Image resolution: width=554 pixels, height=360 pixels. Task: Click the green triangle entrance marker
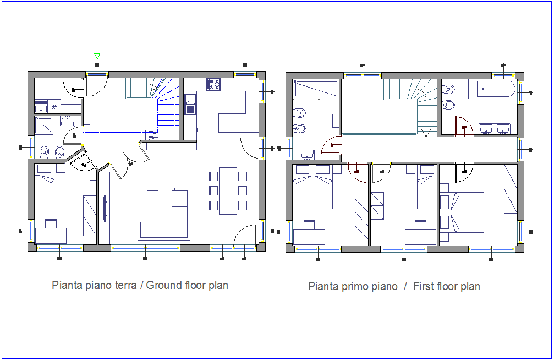pyautogui.click(x=97, y=56)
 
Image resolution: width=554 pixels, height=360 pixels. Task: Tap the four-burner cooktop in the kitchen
pyautogui.click(x=213, y=84)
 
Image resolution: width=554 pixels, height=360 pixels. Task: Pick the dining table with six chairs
pyautogui.click(x=228, y=190)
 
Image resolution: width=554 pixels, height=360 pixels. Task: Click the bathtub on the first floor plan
pyautogui.click(x=496, y=89)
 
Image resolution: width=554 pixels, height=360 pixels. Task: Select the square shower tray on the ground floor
pyautogui.click(x=44, y=125)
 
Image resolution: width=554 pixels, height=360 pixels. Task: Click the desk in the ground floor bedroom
pyautogui.click(x=51, y=235)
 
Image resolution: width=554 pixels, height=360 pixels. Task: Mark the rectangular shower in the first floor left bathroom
pyautogui.click(x=316, y=89)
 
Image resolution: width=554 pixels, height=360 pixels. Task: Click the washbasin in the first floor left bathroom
pyautogui.click(x=308, y=153)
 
